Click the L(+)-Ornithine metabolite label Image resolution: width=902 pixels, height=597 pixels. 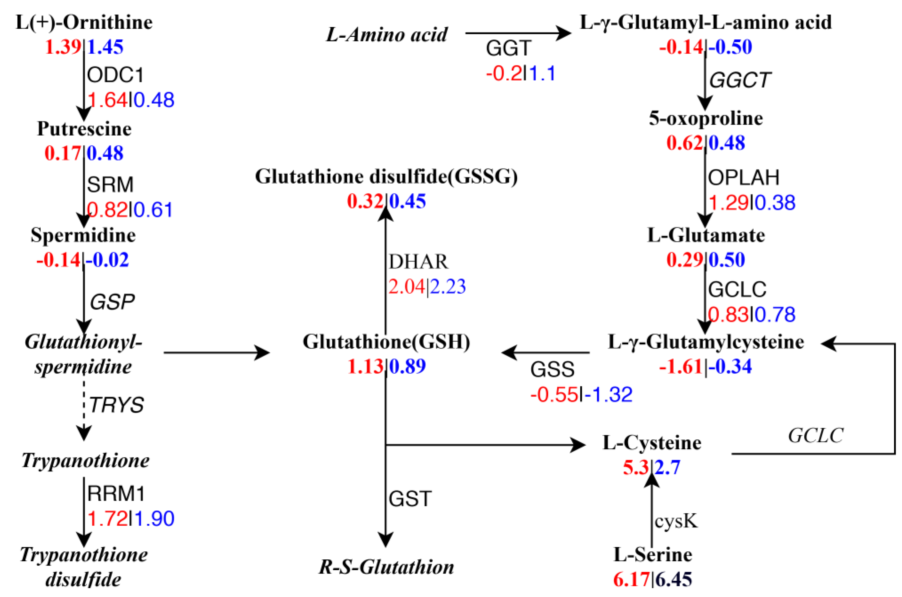(x=84, y=23)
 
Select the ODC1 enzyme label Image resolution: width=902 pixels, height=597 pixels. (x=115, y=75)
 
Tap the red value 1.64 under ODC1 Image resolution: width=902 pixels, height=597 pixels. (x=108, y=100)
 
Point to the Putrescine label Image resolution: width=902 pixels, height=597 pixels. (x=84, y=129)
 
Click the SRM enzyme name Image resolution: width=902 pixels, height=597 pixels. (x=110, y=185)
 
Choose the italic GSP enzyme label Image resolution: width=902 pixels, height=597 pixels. (x=112, y=302)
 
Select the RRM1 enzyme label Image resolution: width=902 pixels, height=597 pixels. (x=116, y=494)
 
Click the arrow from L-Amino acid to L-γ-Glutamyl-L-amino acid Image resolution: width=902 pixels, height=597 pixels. (x=518, y=33)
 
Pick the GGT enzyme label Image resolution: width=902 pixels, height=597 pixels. (x=508, y=48)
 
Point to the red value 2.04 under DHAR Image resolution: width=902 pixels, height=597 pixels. (x=406, y=287)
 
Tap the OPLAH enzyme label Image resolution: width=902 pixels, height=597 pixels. (x=743, y=177)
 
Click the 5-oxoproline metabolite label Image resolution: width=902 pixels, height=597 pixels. (x=706, y=118)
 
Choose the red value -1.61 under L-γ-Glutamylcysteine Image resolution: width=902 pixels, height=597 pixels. (x=680, y=367)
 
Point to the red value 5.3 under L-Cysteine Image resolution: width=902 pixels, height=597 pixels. (x=635, y=468)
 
